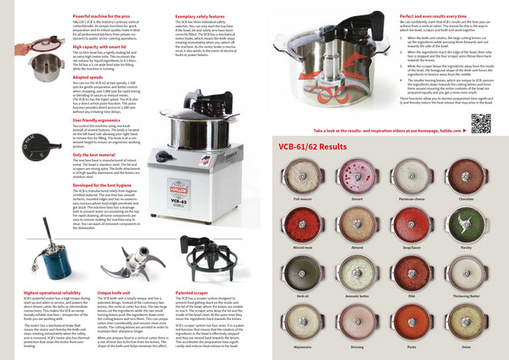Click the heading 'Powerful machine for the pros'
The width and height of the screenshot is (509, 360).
point(105,16)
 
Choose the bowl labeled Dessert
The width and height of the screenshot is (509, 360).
point(375,177)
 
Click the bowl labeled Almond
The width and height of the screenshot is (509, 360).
point(375,224)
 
